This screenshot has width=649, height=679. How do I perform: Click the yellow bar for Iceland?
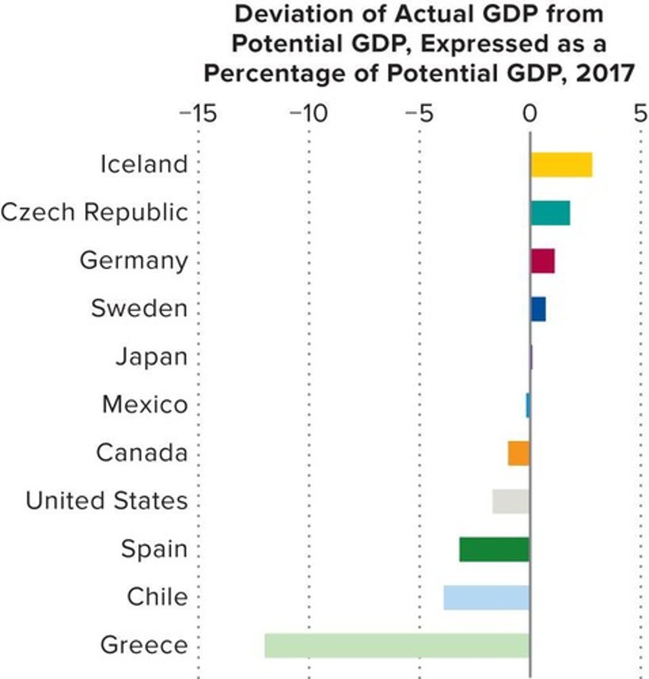(561, 165)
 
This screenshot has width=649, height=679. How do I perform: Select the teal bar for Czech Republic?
(550, 213)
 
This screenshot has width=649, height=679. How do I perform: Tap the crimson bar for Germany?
(543, 261)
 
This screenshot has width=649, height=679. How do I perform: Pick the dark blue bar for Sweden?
(538, 309)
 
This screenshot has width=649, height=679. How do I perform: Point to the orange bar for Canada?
(518, 453)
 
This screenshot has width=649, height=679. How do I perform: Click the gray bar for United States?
(511, 501)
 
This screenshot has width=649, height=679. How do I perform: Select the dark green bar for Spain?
(494, 549)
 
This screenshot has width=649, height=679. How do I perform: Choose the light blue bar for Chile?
(486, 598)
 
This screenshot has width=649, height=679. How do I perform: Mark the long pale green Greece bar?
(397, 646)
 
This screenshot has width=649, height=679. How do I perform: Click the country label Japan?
(151, 357)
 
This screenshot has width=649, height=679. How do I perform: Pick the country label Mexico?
(145, 405)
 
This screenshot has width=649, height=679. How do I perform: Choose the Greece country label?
(144, 646)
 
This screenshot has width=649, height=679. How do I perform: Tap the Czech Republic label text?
(94, 213)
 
